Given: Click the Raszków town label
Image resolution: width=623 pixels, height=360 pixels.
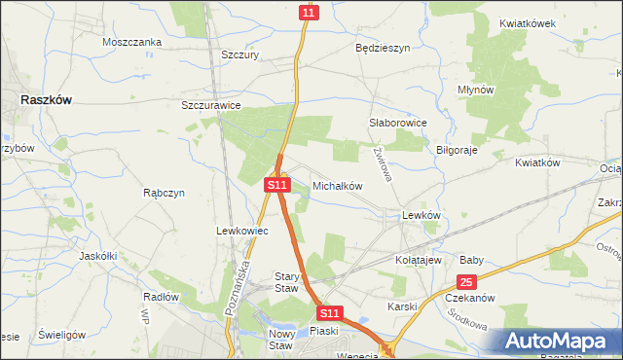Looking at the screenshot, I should [46, 99].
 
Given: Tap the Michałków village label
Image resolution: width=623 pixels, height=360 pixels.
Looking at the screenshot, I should [337, 185].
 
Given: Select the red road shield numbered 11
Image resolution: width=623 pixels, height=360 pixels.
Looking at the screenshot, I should [309, 12].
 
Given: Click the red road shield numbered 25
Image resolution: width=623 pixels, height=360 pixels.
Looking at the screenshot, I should [467, 282].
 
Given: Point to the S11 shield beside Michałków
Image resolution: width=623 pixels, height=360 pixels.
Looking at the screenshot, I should [277, 184].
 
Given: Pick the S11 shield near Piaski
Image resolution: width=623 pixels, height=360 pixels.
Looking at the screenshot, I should [330, 313].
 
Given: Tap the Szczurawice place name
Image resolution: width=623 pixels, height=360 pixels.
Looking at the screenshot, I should [211, 105].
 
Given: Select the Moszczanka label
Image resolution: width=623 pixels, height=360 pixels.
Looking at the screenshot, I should [131, 43].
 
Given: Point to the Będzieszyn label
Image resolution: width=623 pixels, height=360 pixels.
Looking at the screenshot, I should [383, 47].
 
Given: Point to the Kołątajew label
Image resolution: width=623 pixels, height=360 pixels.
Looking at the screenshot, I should [419, 261].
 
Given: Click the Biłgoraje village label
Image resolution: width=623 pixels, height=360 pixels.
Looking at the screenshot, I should [457, 150].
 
